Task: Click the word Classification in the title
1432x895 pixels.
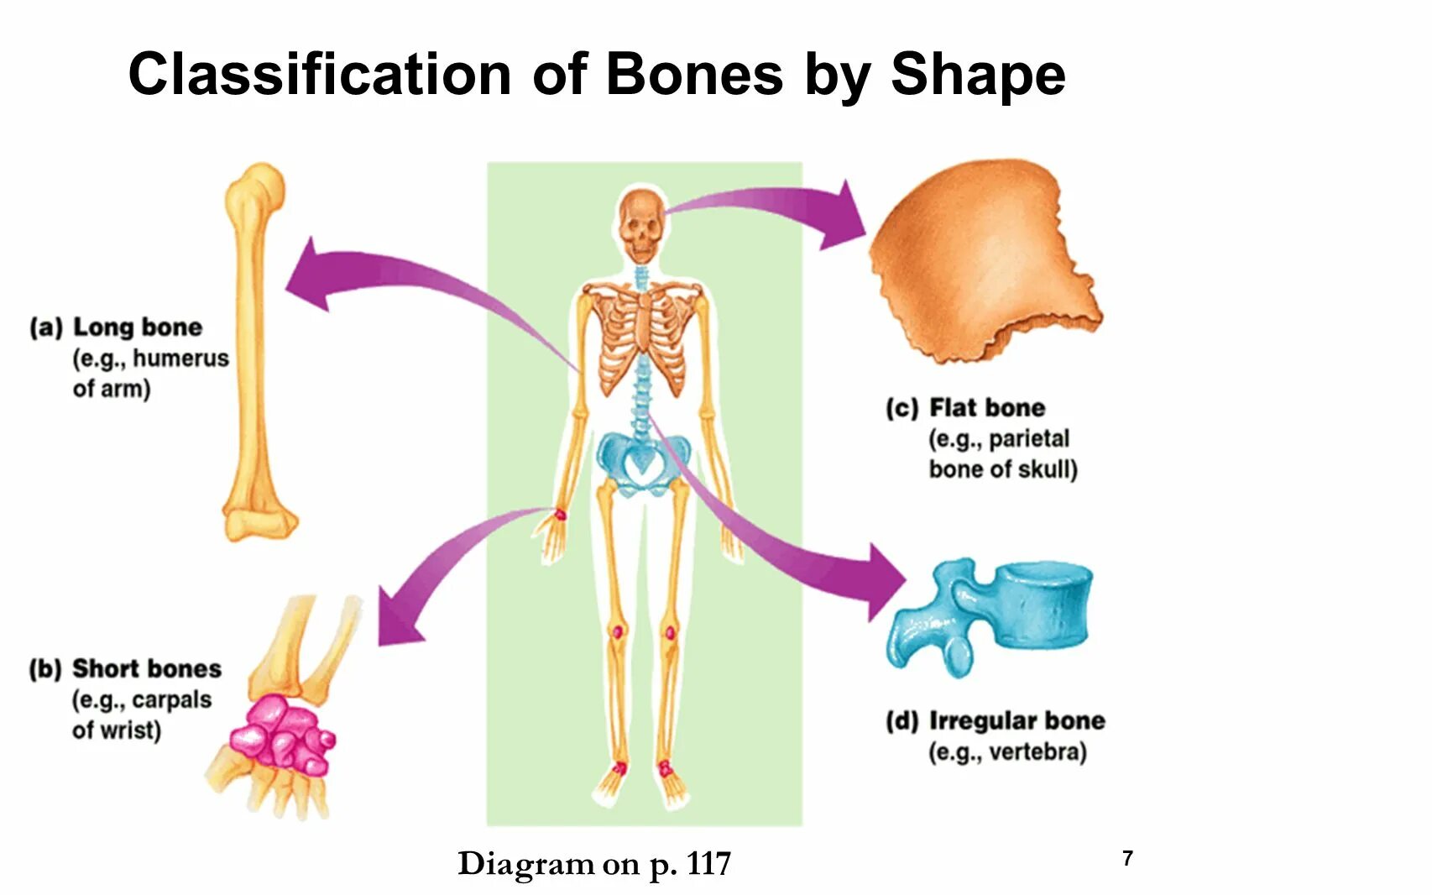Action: pos(320,75)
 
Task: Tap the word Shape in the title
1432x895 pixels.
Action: pos(978,76)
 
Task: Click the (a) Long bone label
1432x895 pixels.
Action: pos(117,327)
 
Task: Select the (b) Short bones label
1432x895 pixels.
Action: pos(125,669)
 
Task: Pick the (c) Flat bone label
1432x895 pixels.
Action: pos(965,408)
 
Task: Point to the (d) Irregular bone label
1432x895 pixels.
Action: pos(996,721)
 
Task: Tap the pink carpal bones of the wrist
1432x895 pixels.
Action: pos(281,735)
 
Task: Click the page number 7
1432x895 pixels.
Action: pos(1127,858)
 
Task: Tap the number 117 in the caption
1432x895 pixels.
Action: pos(708,864)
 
